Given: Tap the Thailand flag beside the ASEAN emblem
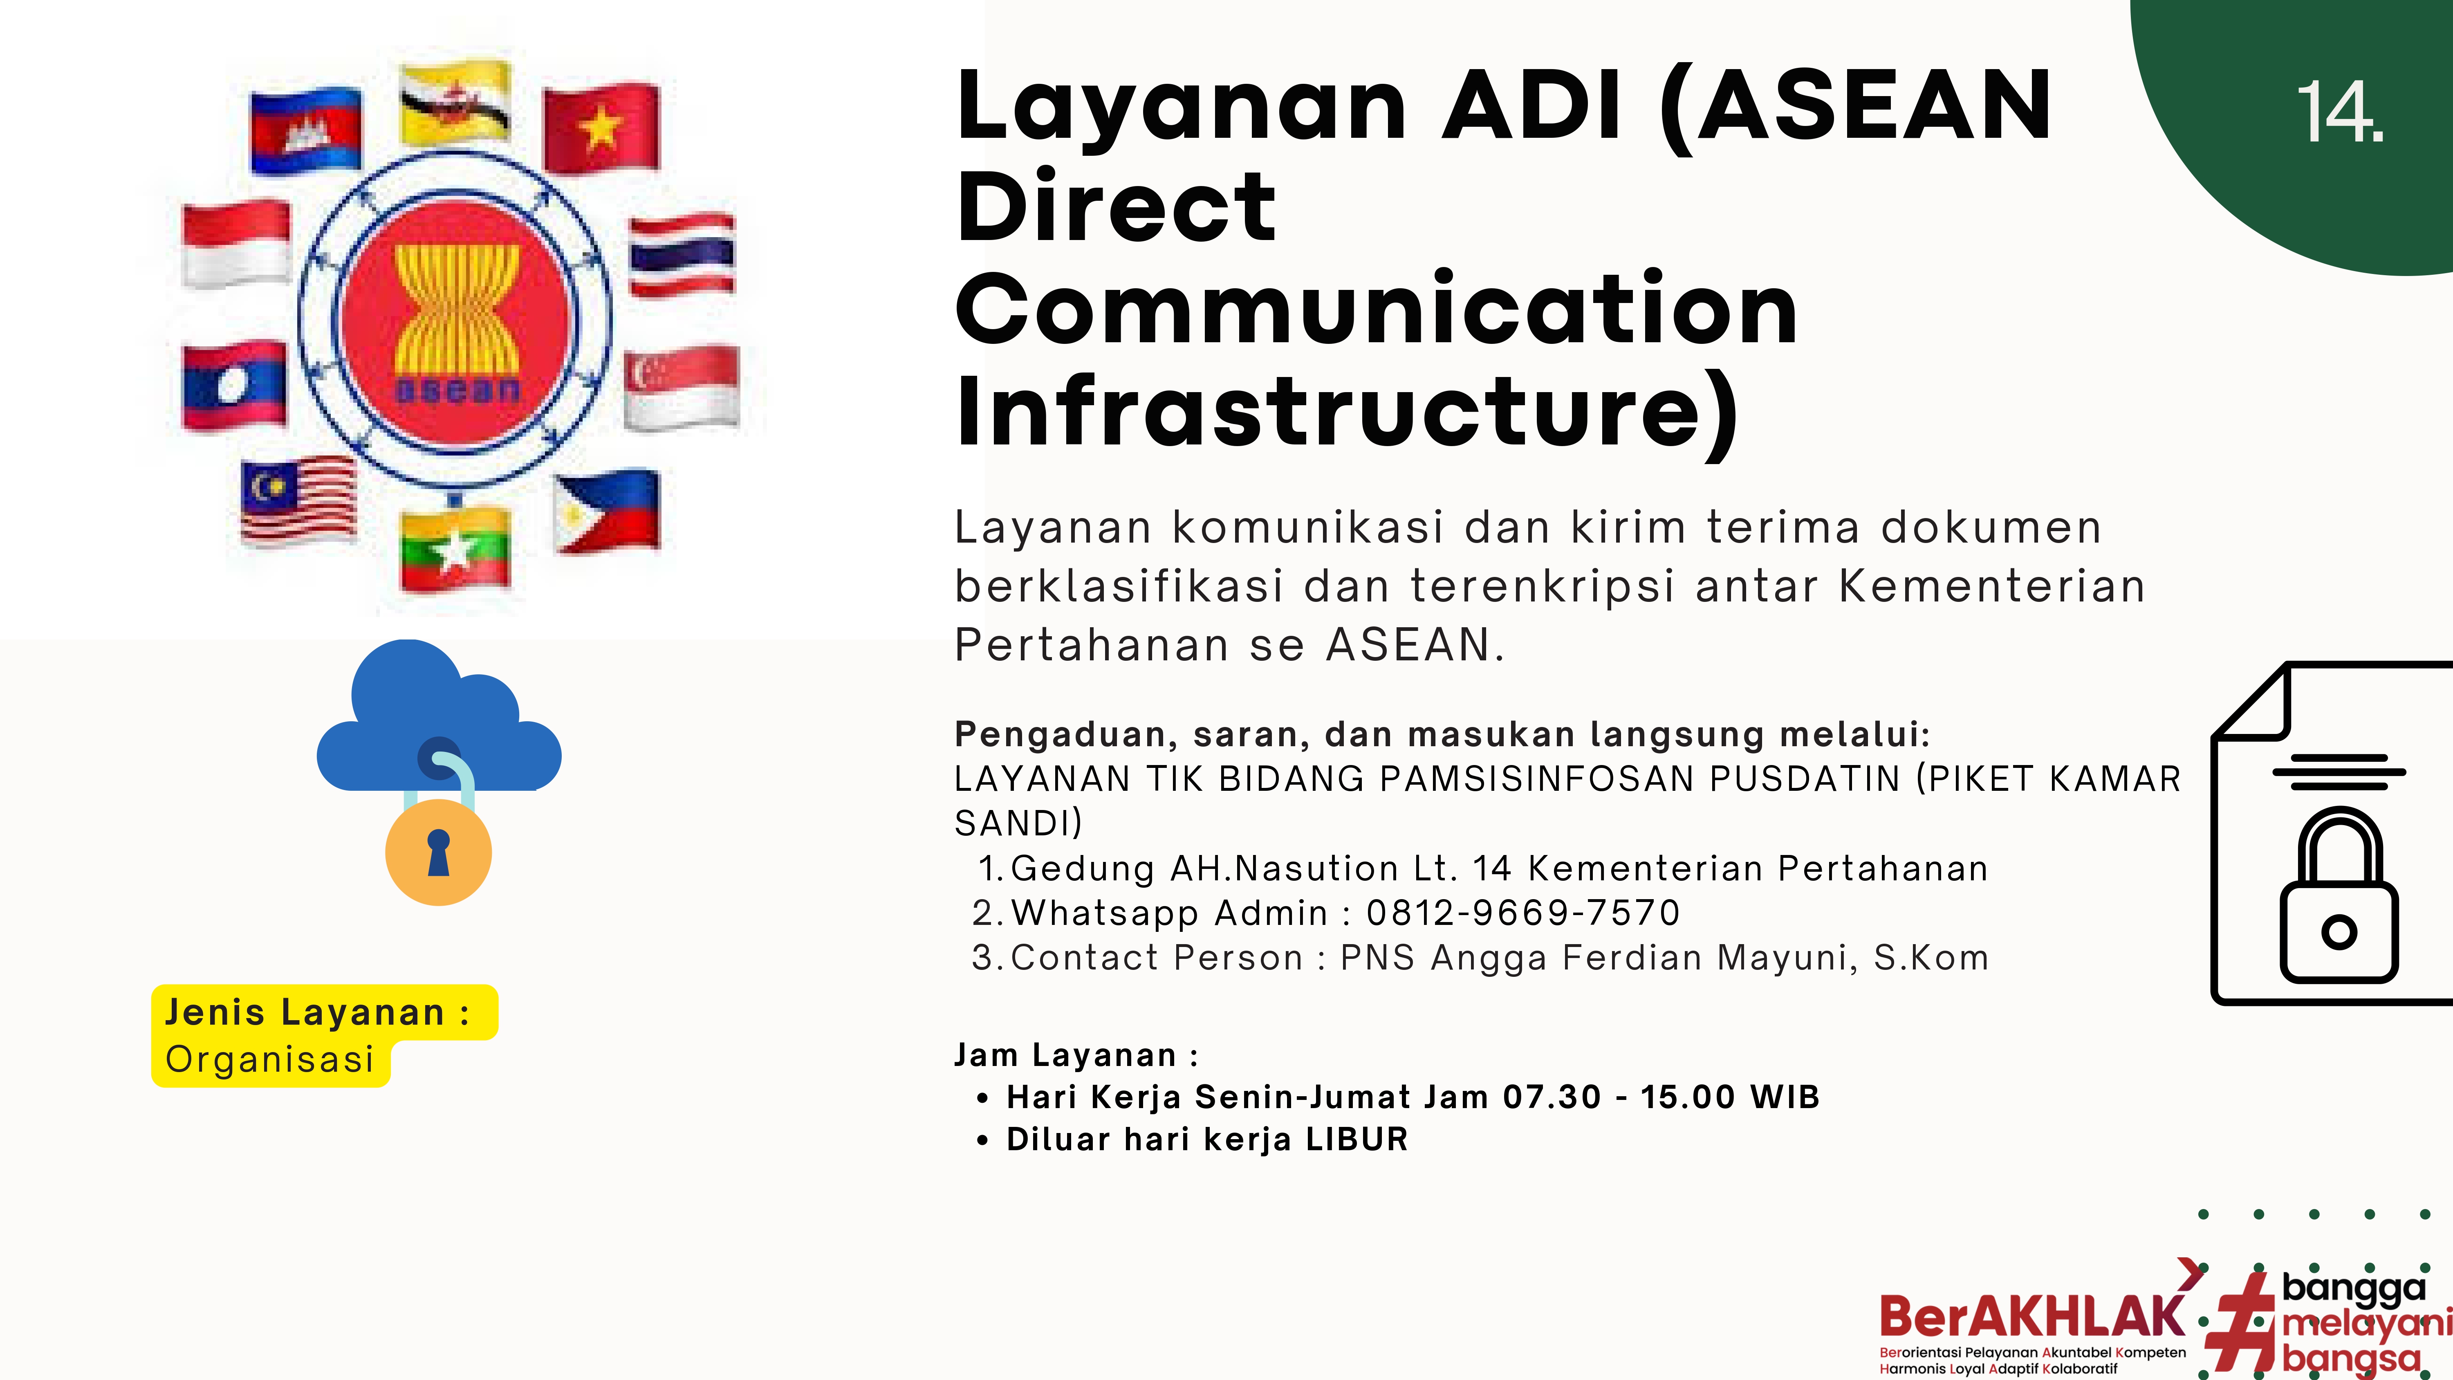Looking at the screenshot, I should click(x=682, y=255).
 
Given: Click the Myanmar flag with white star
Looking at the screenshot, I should click(x=455, y=549).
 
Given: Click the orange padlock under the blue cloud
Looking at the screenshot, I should click(x=438, y=850).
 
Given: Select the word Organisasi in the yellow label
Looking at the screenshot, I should click(x=269, y=1059).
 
